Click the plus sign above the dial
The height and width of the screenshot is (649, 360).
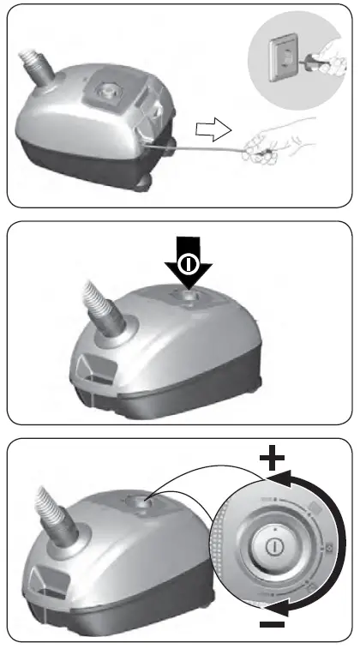click(x=273, y=458)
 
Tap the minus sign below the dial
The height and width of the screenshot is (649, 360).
click(x=273, y=624)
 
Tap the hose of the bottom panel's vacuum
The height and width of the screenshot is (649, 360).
click(x=51, y=514)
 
